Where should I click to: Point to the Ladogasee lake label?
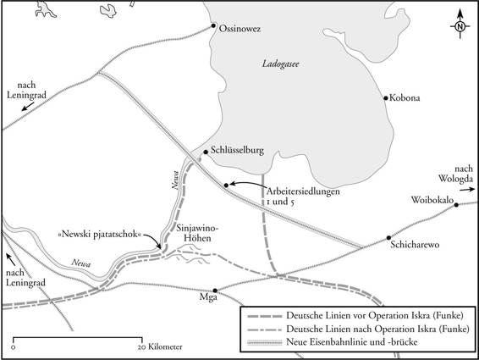pos(281,65)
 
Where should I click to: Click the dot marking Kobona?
pos(385,96)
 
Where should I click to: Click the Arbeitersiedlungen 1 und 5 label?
pos(302,197)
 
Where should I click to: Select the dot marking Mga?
pos(215,289)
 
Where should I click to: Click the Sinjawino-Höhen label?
pos(198,233)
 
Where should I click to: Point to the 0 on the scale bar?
pos(14,347)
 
